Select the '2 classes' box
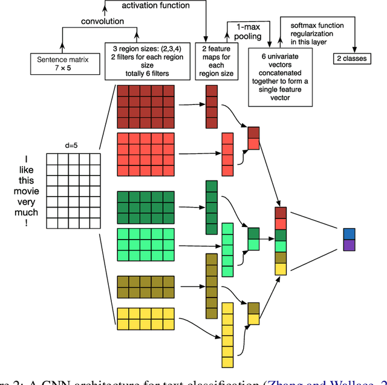click(x=353, y=59)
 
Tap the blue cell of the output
click(x=350, y=234)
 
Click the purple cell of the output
click(x=350, y=245)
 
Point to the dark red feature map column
click(x=211, y=108)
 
